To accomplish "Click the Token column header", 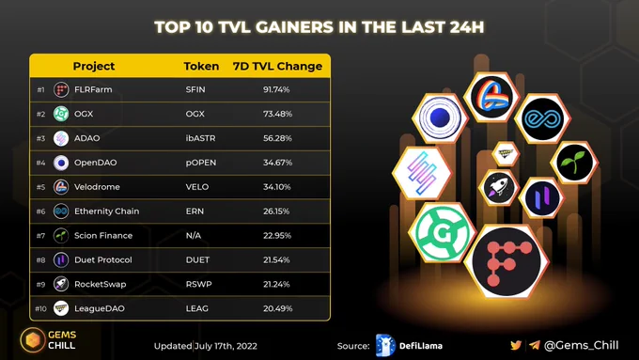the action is click(201, 66).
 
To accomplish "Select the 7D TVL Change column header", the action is click(277, 66).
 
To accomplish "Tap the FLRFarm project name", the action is click(93, 89).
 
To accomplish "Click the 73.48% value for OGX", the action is click(277, 114).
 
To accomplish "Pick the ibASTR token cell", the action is click(200, 138).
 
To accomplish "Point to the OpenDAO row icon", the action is click(61, 163).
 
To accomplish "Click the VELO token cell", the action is click(197, 187).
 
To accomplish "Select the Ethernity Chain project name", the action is click(107, 211).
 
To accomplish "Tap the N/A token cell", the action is click(194, 235).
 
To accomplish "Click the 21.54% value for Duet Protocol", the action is click(276, 259).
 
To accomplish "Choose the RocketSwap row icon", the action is click(61, 284).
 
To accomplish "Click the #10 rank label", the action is click(40, 308).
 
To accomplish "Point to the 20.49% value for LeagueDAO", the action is click(277, 308).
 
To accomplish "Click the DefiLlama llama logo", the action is click(385, 345).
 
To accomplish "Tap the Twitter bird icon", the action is click(516, 345).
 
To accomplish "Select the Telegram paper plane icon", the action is click(535, 345).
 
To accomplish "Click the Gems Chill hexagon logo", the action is click(33, 339).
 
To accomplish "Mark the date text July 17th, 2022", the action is click(226, 346).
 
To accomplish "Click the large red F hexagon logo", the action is click(507, 261).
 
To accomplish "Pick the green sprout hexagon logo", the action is click(574, 163).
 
